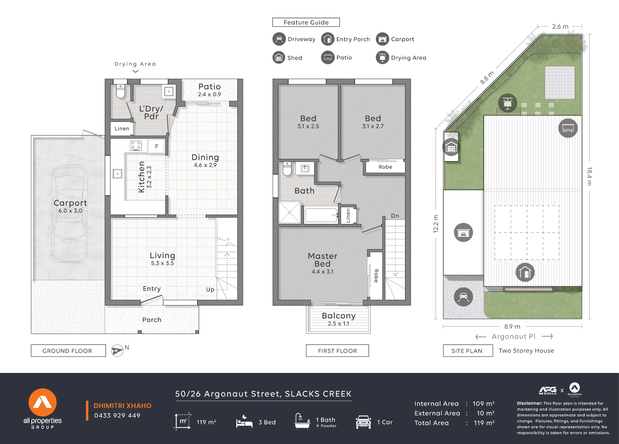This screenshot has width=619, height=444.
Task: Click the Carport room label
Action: (x=70, y=203)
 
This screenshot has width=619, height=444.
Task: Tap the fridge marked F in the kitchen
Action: (x=157, y=146)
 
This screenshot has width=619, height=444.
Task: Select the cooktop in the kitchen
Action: (x=136, y=146)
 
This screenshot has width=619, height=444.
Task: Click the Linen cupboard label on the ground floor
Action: (x=122, y=129)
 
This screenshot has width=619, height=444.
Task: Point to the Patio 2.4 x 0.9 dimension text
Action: (x=210, y=94)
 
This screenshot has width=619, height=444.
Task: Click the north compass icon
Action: (x=117, y=351)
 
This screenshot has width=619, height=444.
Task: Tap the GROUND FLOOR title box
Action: (x=68, y=351)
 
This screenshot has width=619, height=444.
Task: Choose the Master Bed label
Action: (x=322, y=260)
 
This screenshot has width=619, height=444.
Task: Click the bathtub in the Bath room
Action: (x=321, y=215)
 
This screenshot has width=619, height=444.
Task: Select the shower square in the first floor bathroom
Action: (x=289, y=212)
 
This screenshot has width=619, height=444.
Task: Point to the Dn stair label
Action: (x=395, y=216)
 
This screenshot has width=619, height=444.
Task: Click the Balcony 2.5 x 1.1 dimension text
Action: (x=339, y=324)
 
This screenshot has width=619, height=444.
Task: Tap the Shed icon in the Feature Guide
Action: (x=279, y=58)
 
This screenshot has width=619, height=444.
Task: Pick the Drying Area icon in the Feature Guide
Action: (x=382, y=58)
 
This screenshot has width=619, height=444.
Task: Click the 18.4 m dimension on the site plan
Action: (x=589, y=176)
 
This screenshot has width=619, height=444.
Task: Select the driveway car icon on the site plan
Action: (x=463, y=297)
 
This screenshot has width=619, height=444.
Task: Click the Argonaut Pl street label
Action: (x=514, y=336)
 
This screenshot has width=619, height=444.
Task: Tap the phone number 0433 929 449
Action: (x=117, y=416)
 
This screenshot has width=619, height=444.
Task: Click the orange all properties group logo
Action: (x=43, y=402)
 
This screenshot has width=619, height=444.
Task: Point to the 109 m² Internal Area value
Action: (x=483, y=403)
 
